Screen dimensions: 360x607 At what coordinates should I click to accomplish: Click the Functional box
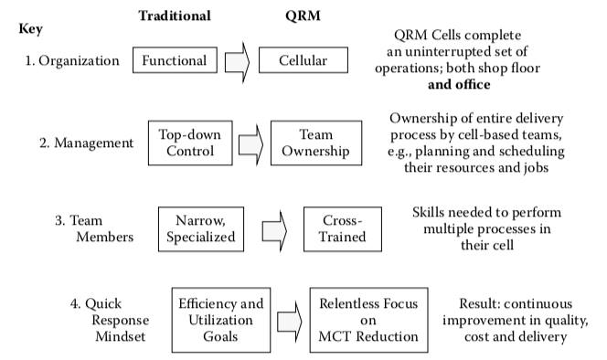(x=176, y=61)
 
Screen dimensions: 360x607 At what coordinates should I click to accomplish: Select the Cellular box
(x=305, y=61)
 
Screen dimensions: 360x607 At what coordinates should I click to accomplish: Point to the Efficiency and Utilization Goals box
(x=220, y=319)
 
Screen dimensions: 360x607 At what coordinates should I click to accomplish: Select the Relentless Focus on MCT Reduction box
(x=367, y=319)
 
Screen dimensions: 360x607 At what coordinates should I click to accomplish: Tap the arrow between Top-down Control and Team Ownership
(x=250, y=142)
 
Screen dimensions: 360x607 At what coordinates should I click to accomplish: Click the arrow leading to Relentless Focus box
(x=290, y=319)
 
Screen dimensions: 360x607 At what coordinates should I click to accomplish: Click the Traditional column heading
(x=175, y=16)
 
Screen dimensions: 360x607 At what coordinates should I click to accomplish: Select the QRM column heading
(x=303, y=16)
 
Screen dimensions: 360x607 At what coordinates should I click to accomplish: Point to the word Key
(x=30, y=29)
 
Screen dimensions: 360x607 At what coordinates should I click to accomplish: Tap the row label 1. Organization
(x=73, y=61)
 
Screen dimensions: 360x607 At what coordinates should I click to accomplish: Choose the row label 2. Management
(x=86, y=143)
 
